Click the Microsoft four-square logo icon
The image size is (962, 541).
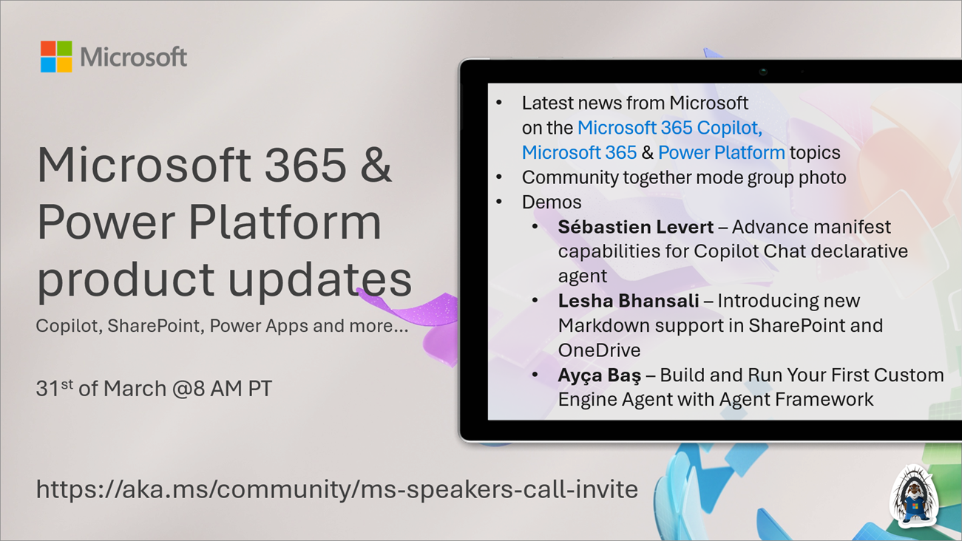pyautogui.click(x=56, y=57)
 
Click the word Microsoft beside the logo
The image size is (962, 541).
pyautogui.click(x=134, y=58)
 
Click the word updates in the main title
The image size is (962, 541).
pyautogui.click(x=319, y=279)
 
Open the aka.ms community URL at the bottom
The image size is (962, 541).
pyautogui.click(x=336, y=489)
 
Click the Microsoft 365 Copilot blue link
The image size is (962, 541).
pyautogui.click(x=669, y=128)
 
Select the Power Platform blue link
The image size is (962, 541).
pyautogui.click(x=721, y=153)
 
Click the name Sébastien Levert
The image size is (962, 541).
pyautogui.click(x=635, y=227)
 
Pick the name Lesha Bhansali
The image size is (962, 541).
pyautogui.click(x=628, y=301)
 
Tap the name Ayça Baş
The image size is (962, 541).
pyautogui.click(x=599, y=375)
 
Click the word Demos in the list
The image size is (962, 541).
pyautogui.click(x=551, y=202)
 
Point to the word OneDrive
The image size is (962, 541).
pyautogui.click(x=599, y=350)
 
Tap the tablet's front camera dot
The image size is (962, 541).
pyautogui.click(x=763, y=72)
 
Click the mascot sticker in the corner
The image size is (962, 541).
pyautogui.click(x=915, y=496)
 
